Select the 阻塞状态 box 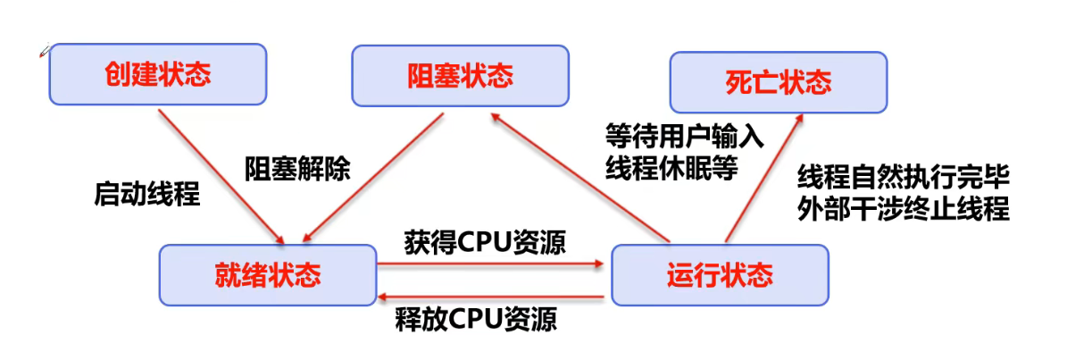click(461, 75)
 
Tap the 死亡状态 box click(779, 83)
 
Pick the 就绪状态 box click(268, 275)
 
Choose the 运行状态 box click(720, 275)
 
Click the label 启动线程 click(147, 194)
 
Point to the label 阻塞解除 click(298, 167)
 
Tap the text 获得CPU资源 click(484, 243)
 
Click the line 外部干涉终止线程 click(903, 210)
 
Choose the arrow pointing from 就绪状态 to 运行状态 click(491, 264)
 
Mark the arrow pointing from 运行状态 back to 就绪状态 click(491, 297)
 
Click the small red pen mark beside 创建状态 click(43, 53)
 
